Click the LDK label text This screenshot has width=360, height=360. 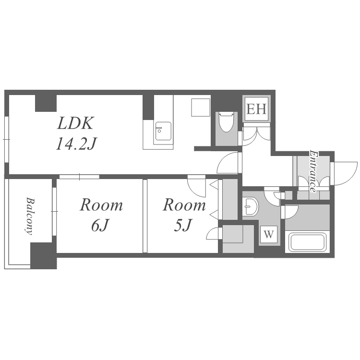point(75,123)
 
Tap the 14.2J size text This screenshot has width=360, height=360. point(76,144)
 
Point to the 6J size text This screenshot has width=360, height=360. point(99,226)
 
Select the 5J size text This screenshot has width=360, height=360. point(182,226)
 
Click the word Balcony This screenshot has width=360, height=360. point(29,216)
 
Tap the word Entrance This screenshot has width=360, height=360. point(313,171)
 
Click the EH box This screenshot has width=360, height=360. point(256,109)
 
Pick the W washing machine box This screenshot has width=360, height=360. point(269,235)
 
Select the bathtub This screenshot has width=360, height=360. point(308,242)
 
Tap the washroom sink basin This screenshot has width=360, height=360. point(251,206)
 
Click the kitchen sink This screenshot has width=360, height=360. point(163,131)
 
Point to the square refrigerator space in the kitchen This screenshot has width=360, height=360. point(201,108)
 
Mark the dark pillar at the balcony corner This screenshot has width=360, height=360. point(43,255)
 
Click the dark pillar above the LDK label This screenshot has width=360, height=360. point(46,103)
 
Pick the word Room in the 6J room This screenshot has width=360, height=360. point(101,205)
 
